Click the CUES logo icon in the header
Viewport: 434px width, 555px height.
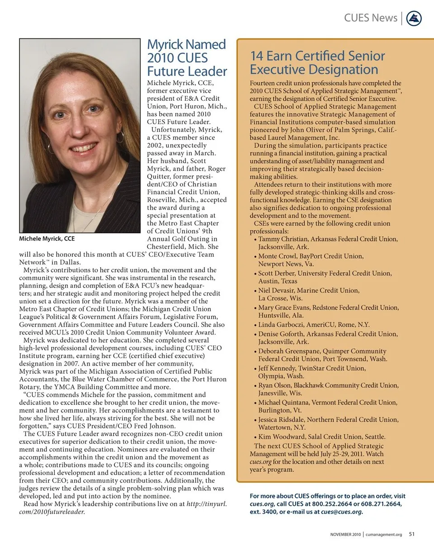coord(414,19)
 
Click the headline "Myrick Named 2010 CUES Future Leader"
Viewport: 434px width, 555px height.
coord(187,58)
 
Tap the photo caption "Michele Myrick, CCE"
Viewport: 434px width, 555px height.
coord(47,238)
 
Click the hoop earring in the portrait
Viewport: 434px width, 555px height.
coord(120,136)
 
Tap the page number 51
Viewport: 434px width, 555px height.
coord(412,534)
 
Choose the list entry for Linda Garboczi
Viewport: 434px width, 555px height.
coord(314,325)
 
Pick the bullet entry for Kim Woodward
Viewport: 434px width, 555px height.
coord(321,437)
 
